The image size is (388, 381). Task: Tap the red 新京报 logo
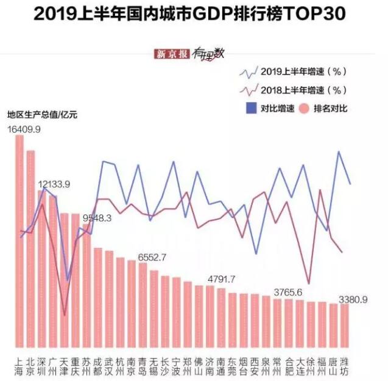(173, 54)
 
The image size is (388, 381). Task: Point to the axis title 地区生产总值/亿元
(43, 114)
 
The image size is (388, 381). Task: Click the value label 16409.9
(24, 129)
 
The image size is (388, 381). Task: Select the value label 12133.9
(54, 184)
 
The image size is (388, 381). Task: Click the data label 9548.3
(97, 217)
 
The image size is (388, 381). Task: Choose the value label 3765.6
(288, 292)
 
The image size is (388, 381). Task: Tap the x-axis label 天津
(64, 364)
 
